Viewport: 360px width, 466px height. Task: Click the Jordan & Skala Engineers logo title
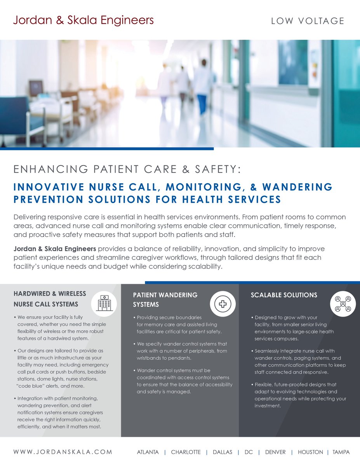coord(83,20)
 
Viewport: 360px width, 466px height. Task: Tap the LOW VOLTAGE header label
coord(308,21)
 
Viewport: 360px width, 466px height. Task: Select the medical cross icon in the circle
coord(223,304)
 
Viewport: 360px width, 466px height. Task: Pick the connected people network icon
coord(343,304)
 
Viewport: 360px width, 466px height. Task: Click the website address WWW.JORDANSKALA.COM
coord(63,452)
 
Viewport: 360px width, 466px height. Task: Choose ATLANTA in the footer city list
coord(148,452)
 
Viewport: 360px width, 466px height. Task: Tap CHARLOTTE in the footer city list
coord(186,452)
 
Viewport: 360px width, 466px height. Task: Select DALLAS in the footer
coord(223,452)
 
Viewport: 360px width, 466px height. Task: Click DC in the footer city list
coord(249,452)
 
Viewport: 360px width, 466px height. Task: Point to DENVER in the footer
coord(275,452)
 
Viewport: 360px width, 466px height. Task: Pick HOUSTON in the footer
coord(310,452)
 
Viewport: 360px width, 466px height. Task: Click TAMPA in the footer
coord(341,452)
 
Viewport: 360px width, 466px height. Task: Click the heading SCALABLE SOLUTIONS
coord(284,295)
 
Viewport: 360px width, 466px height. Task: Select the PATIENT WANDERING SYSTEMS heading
coord(165,300)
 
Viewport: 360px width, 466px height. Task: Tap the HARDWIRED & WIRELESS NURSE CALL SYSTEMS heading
coord(50,299)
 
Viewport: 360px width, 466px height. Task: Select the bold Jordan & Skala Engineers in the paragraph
coord(54,249)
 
